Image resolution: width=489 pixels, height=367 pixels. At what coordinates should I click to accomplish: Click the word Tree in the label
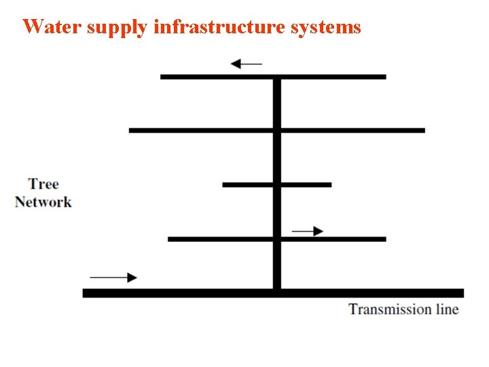point(43,184)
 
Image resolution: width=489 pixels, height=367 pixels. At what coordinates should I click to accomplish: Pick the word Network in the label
point(43,202)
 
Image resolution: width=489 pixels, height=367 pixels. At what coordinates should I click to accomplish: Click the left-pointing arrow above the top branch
point(246,64)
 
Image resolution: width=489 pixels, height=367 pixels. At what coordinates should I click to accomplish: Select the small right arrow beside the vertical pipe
point(308,231)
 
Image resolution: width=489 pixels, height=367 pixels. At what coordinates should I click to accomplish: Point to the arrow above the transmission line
point(113,277)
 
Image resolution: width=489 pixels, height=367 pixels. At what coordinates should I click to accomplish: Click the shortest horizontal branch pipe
point(276,184)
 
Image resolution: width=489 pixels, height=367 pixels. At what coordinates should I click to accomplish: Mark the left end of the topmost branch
point(162,77)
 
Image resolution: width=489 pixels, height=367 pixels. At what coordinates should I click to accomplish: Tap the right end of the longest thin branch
point(424,130)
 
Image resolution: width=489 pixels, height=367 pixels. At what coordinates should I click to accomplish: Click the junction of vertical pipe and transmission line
point(276,293)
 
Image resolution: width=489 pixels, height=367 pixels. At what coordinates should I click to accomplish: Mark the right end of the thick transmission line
point(462,293)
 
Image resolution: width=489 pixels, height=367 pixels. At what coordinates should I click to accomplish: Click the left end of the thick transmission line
point(84,293)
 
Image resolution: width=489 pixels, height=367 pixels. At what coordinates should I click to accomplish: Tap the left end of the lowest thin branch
point(169,239)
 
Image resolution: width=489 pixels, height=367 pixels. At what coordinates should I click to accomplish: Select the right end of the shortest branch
point(330,184)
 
